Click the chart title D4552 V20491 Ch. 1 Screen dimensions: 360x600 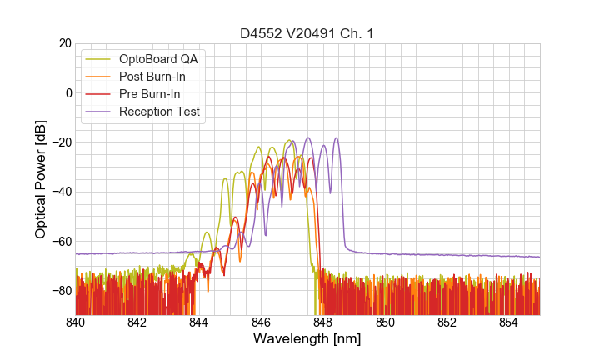307,33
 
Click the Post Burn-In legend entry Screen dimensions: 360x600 152,76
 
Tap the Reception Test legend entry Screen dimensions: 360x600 159,111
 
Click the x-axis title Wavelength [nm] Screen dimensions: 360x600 307,339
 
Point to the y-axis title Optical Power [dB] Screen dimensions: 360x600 41,179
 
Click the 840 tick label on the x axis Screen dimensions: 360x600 76,322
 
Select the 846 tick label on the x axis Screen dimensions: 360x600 262,322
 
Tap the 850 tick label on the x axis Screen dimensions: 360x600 385,322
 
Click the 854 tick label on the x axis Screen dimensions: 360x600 509,322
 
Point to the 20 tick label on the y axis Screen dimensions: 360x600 64,43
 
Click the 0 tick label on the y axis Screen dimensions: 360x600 67,92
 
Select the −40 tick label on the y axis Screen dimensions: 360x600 61,192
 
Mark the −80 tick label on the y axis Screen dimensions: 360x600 61,291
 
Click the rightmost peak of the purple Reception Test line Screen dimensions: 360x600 337,138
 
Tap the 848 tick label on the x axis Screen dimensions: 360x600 323,322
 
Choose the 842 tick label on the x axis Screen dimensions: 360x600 137,322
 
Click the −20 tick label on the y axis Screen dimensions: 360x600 61,142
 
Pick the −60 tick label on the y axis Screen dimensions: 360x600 61,242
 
